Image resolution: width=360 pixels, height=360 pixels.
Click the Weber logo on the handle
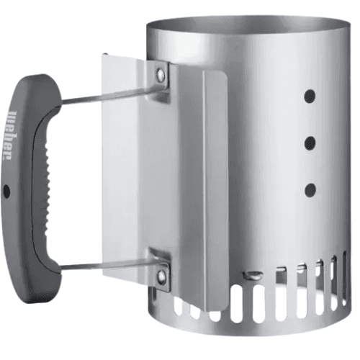12,135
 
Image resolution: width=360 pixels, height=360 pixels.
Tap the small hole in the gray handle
7,192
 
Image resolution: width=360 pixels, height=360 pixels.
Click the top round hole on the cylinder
310,96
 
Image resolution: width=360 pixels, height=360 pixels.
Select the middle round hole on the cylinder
310,143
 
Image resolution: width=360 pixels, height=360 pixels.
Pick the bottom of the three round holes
310,191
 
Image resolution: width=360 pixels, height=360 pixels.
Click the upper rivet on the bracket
161,73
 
